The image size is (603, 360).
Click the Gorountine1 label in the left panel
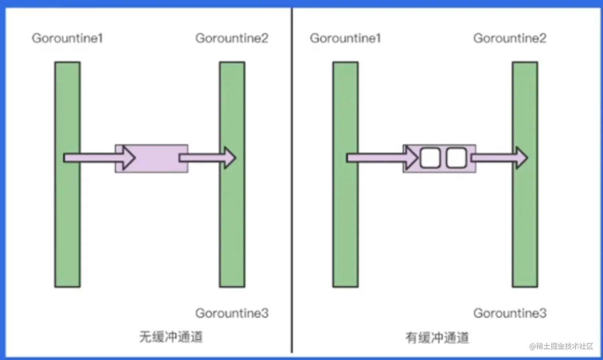point(67,38)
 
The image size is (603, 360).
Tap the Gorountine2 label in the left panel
point(232,38)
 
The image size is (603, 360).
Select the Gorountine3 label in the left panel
point(232,313)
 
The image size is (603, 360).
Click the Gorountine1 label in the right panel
point(345,38)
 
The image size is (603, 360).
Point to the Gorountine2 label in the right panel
point(510,38)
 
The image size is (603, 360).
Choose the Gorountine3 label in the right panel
point(510,313)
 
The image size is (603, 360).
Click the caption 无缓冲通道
point(171,337)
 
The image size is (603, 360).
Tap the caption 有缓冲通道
point(437,338)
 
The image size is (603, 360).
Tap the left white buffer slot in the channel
point(430,158)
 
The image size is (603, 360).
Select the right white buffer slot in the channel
point(456,158)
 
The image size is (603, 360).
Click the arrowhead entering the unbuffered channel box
point(128,158)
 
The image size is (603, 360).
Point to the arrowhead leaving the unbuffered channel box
point(229,158)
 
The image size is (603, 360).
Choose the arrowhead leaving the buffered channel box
point(521,158)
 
